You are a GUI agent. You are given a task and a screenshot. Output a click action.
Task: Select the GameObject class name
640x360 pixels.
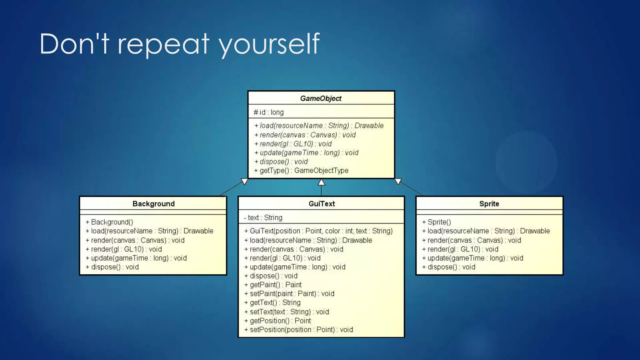(x=321, y=98)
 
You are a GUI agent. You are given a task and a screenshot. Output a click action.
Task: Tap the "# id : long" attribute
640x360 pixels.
(x=269, y=112)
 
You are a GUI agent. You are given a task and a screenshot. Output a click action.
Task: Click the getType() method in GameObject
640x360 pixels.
(x=301, y=171)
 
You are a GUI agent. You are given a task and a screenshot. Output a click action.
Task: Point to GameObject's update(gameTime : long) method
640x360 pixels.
(x=306, y=153)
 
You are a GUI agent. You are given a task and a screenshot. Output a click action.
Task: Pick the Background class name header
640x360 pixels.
(x=153, y=204)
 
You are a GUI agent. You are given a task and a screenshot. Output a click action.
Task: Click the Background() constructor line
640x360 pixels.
(x=109, y=222)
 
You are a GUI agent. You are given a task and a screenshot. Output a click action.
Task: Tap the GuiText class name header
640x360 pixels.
(x=322, y=204)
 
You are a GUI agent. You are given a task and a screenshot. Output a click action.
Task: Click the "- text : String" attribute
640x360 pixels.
(x=263, y=217)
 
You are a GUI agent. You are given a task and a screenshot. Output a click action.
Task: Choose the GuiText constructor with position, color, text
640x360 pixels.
(x=318, y=231)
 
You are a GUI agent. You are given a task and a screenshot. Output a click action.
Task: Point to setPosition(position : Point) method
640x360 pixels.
(x=299, y=330)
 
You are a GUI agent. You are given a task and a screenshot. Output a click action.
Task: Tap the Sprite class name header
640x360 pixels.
(x=489, y=204)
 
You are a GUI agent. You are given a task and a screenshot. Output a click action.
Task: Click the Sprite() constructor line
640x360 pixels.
(x=436, y=222)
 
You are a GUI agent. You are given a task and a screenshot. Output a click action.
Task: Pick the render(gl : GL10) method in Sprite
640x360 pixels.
(x=460, y=249)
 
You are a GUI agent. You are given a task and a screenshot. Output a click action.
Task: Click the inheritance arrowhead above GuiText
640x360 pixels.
(x=321, y=182)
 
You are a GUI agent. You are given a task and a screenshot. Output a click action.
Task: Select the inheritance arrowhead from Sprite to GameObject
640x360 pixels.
(x=398, y=182)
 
